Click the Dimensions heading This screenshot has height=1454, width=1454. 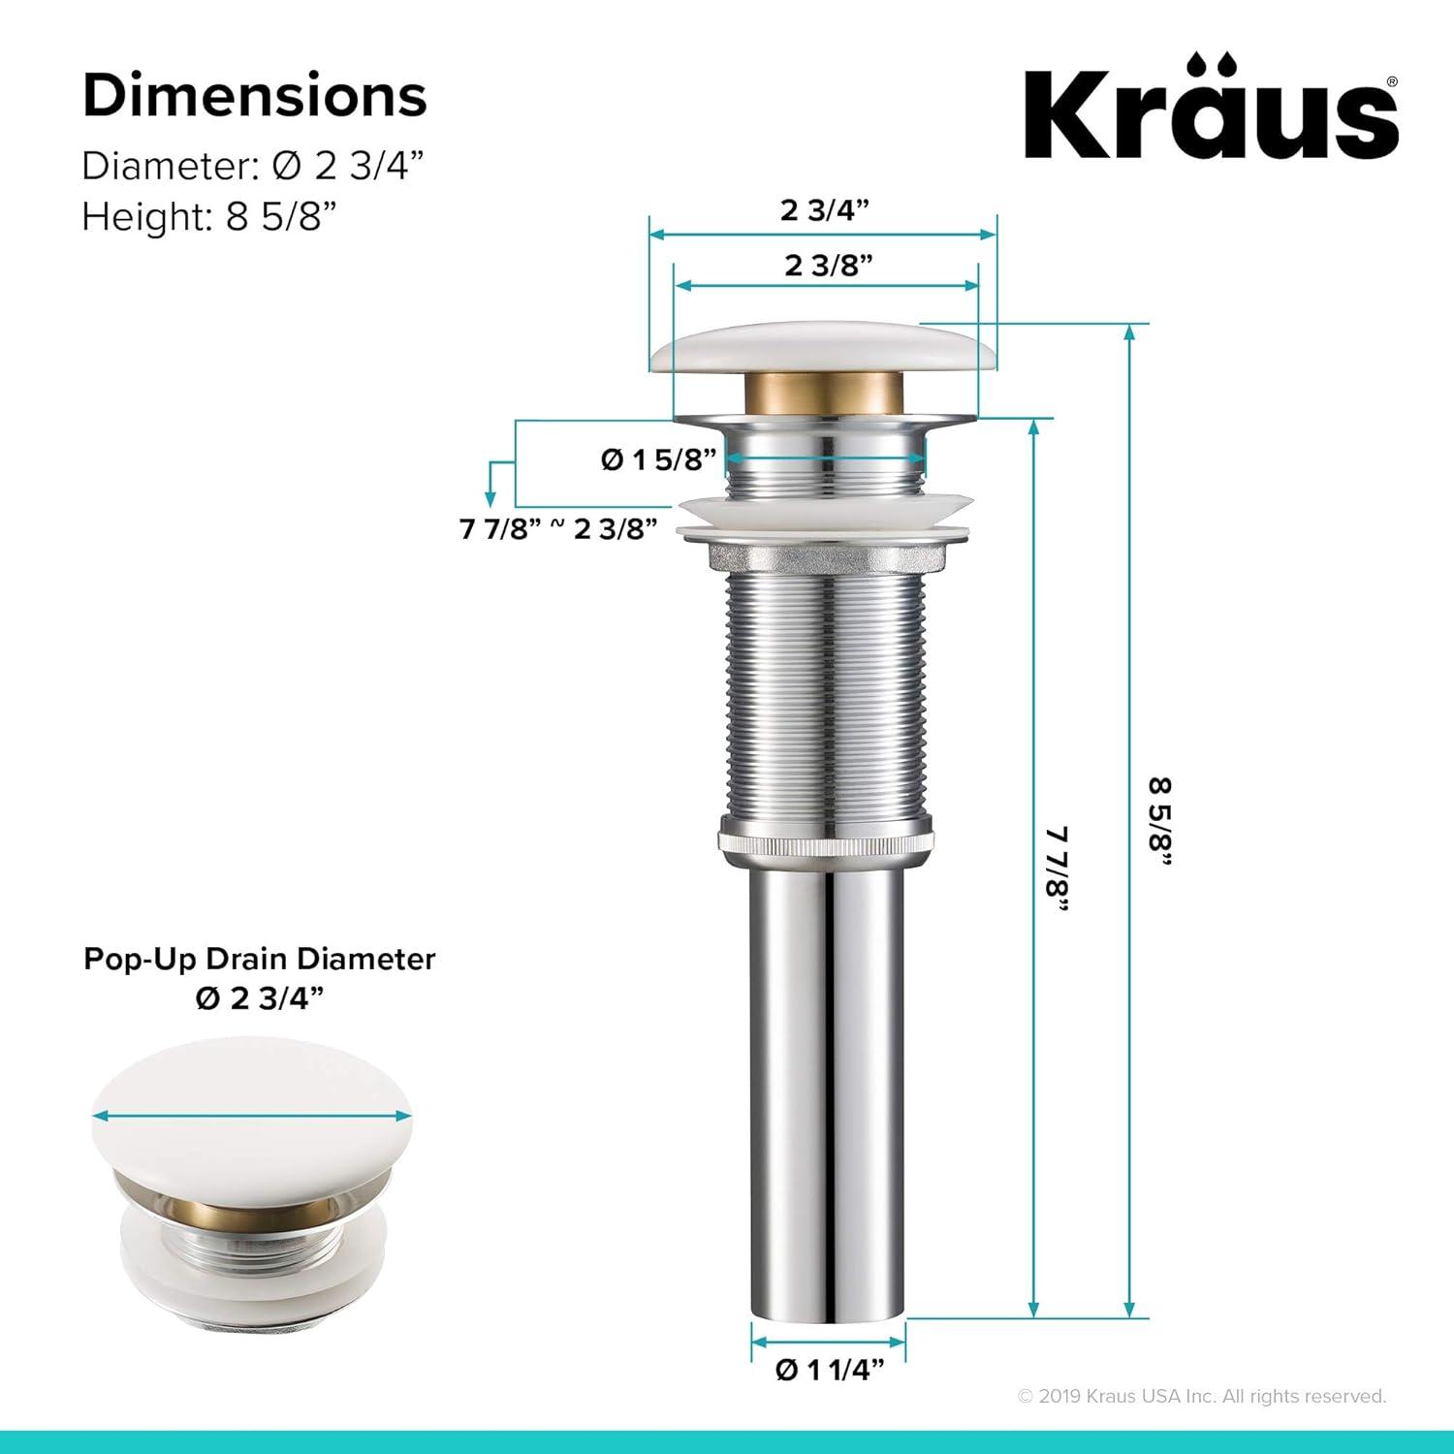pyautogui.click(x=255, y=96)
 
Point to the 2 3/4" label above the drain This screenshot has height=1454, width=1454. pyautogui.click(x=824, y=209)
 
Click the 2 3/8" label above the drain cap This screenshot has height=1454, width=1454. pyautogui.click(x=828, y=265)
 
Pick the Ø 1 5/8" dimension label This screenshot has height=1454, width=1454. pyautogui.click(x=658, y=459)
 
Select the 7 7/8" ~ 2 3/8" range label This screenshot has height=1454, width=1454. pyautogui.click(x=558, y=529)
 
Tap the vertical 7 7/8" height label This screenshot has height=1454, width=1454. pyautogui.click(x=1057, y=869)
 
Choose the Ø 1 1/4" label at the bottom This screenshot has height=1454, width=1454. pyautogui.click(x=830, y=1369)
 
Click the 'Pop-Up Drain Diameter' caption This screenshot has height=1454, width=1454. pyautogui.click(x=259, y=959)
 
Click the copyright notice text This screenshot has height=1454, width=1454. pyautogui.click(x=1202, y=1396)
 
